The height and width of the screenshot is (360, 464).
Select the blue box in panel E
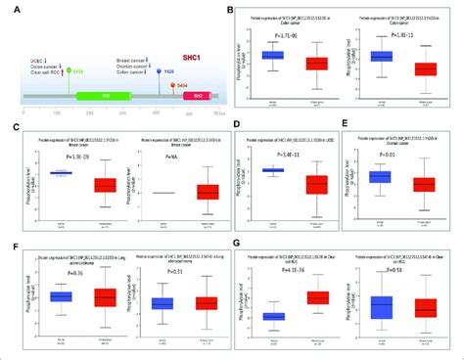[379, 176]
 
